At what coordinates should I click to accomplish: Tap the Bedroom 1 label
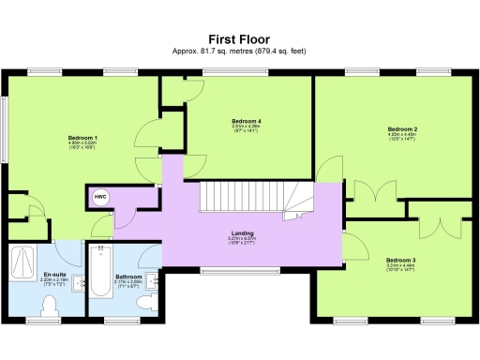pos(82,138)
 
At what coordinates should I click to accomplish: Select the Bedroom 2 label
pos(402,128)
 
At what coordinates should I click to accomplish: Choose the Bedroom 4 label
pos(246,121)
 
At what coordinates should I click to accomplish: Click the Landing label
pos(243,232)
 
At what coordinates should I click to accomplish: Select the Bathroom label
pos(128,277)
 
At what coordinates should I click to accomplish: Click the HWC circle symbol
pos(99,198)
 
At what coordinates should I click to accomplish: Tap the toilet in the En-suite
pos(52,306)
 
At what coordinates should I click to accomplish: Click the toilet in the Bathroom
pos(144,305)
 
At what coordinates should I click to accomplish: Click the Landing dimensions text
pos(243,240)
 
